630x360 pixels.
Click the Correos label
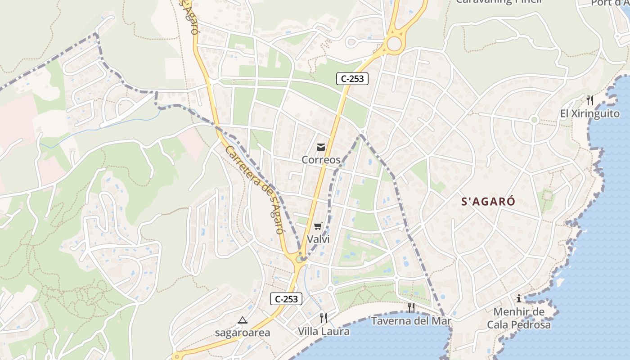click(321, 160)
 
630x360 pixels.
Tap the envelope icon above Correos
click(321, 147)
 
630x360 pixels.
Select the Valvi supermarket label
click(318, 239)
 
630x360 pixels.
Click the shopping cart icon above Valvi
click(318, 226)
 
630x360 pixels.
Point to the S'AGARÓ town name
click(488, 202)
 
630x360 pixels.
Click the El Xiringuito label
click(589, 113)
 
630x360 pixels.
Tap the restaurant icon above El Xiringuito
click(589, 100)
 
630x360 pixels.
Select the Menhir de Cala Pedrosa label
click(519, 318)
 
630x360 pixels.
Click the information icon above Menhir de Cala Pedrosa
click(519, 298)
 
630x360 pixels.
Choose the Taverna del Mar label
click(411, 321)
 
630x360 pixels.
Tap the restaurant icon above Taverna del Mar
click(411, 307)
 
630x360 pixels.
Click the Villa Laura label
click(324, 332)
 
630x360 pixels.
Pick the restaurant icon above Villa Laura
click(324, 318)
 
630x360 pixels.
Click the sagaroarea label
click(243, 333)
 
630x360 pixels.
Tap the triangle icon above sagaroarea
click(243, 320)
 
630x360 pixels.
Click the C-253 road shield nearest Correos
click(352, 79)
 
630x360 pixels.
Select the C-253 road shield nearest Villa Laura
click(286, 299)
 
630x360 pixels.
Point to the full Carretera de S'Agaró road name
click(254, 189)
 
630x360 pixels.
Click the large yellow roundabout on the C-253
click(394, 44)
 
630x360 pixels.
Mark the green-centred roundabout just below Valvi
click(300, 259)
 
